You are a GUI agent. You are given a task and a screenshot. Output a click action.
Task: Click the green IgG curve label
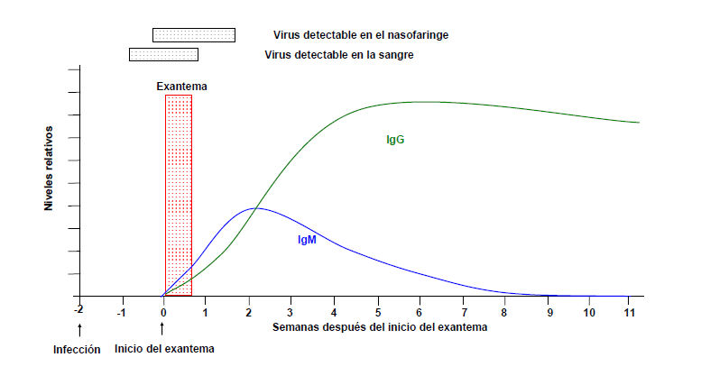(x=394, y=140)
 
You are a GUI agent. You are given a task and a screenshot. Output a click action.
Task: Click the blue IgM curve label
(x=307, y=240)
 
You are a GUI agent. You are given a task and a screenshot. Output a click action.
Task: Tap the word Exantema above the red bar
(x=181, y=87)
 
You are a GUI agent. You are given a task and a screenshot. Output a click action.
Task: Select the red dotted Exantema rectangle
(x=179, y=194)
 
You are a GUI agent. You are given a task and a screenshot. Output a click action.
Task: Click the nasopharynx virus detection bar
(x=194, y=35)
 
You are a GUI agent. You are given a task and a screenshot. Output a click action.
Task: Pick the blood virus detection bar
(x=163, y=54)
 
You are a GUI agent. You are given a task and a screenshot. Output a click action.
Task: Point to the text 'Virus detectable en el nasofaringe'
(x=361, y=35)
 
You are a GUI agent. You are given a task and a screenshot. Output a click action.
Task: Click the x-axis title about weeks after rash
(x=380, y=327)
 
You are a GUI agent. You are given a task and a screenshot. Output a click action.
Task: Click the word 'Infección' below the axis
(x=76, y=349)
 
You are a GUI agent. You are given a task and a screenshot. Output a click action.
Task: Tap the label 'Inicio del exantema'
(x=165, y=349)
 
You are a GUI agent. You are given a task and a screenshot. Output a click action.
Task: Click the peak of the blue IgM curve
(x=255, y=208)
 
